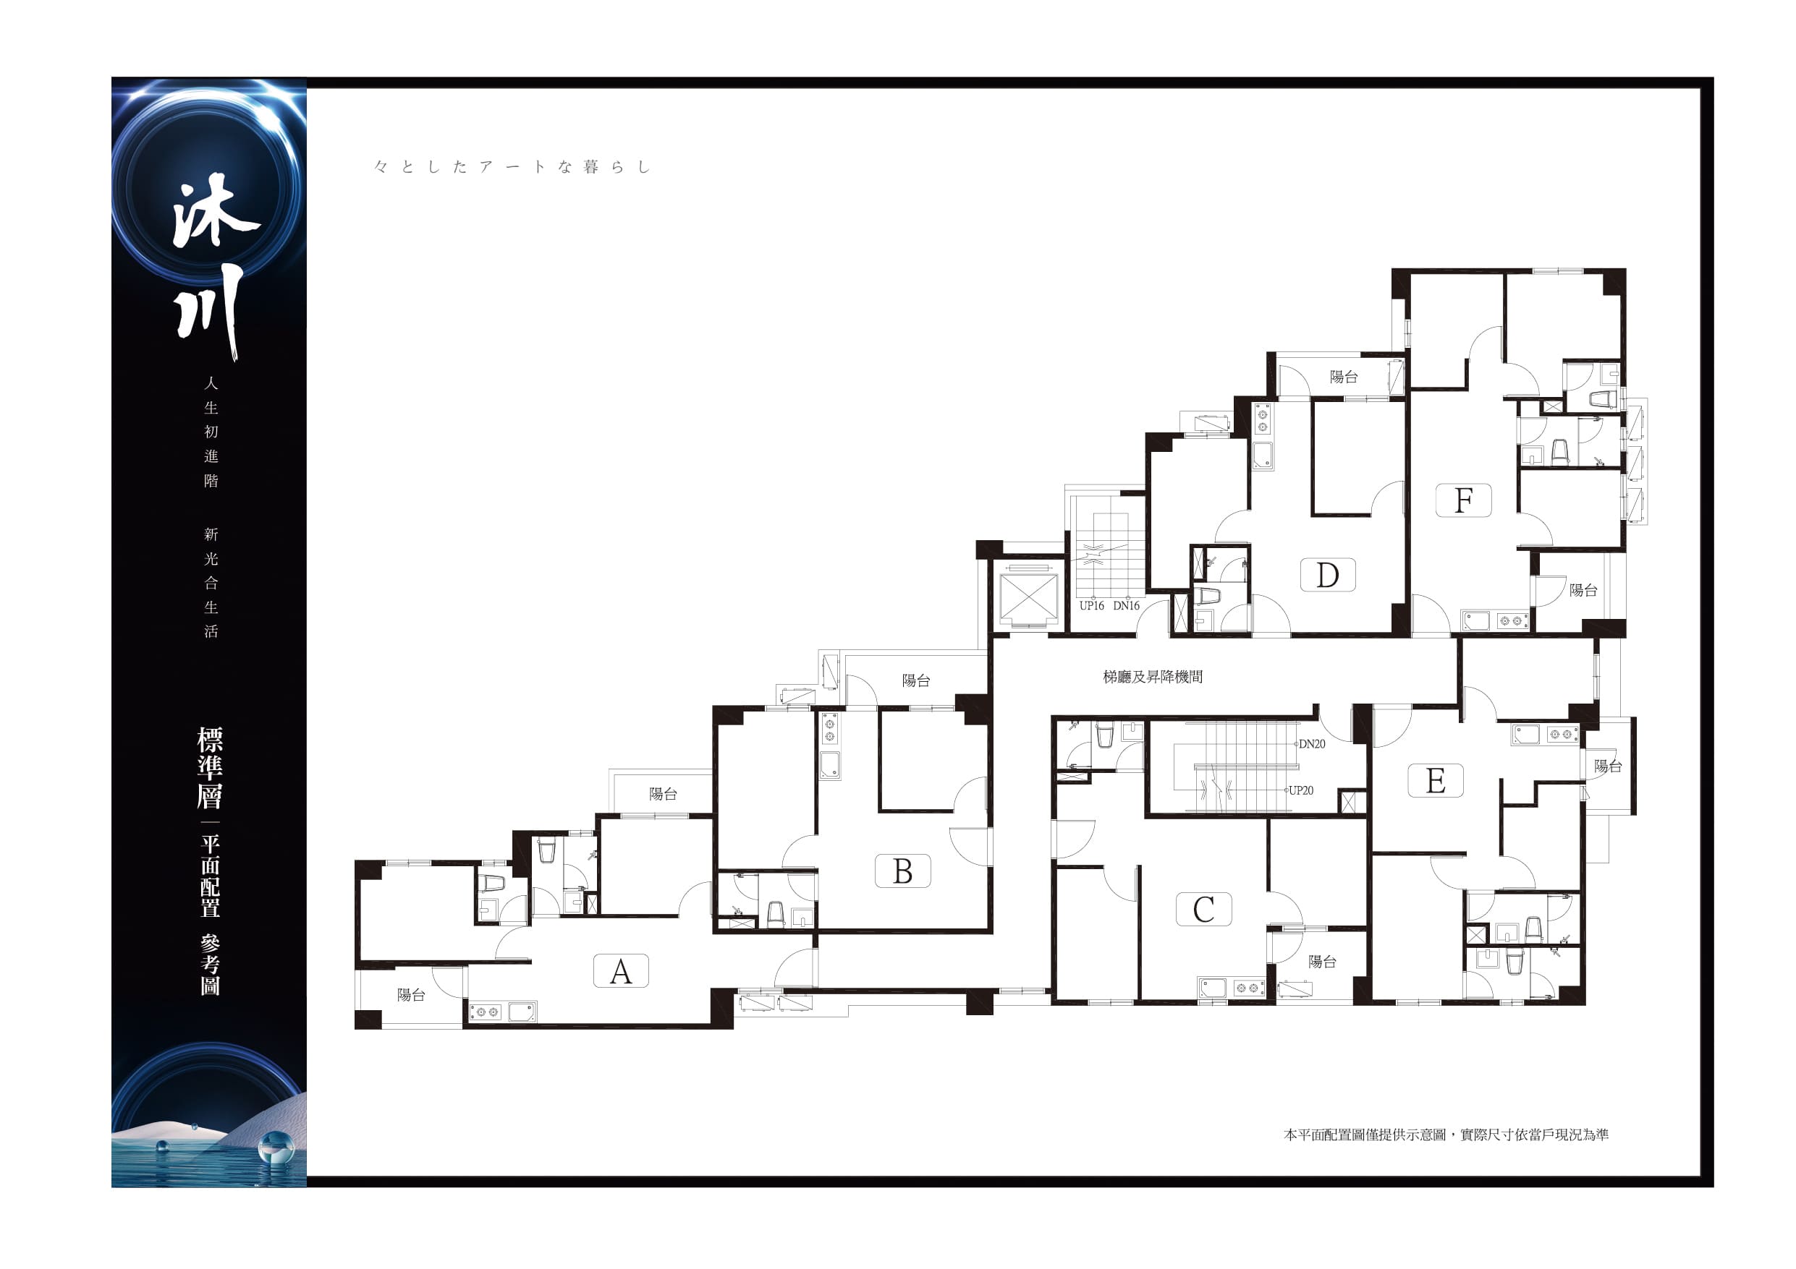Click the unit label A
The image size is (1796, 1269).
[x=620, y=971]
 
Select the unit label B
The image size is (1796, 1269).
[x=902, y=871]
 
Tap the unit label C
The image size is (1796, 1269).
[x=1204, y=910]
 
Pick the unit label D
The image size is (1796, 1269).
[x=1327, y=576]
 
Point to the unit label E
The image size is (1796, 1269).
[x=1436, y=780]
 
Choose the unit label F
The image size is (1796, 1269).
[x=1464, y=500]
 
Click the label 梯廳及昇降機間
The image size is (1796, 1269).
[x=1152, y=677]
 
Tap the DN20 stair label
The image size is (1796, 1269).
[x=1312, y=744]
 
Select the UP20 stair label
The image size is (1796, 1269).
[x=1302, y=790]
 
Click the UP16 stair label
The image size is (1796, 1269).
[x=1091, y=606]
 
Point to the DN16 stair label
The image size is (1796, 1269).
[x=1127, y=606]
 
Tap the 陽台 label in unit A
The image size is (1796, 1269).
[x=411, y=994]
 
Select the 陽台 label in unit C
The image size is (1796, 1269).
[x=1322, y=962]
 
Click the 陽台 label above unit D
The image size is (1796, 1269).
[x=1343, y=377]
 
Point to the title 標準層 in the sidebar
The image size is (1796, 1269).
[x=210, y=768]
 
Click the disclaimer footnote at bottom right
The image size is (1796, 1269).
[x=1446, y=1135]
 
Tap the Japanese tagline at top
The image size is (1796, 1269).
[x=512, y=166]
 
